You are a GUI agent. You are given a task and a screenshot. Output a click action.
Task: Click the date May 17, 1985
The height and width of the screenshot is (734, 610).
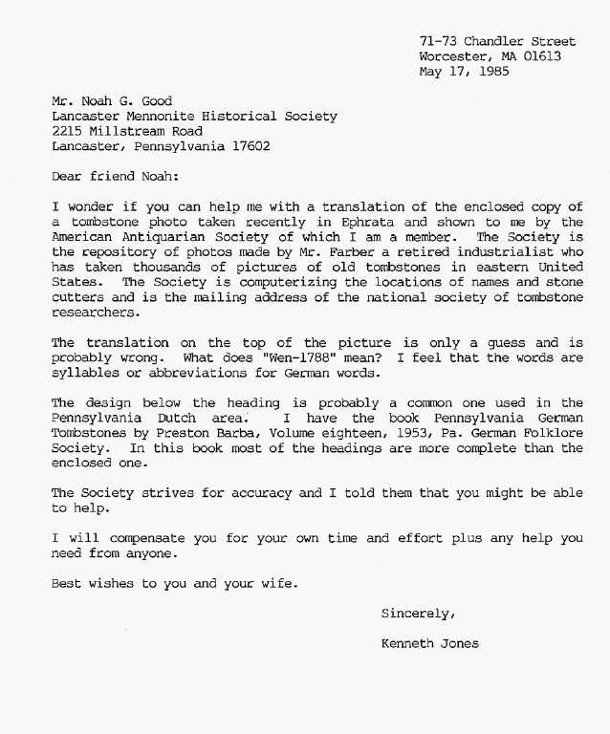pyautogui.click(x=465, y=71)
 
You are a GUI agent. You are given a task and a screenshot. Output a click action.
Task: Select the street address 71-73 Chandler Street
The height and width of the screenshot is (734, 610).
pyautogui.click(x=497, y=41)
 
